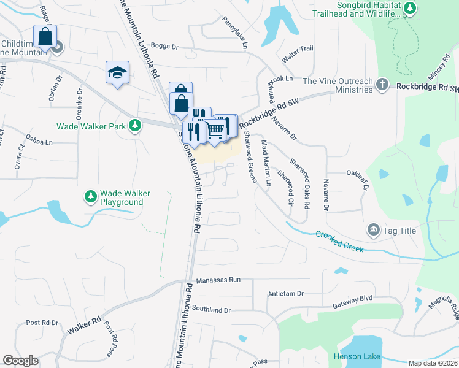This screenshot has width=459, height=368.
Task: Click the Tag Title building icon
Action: point(373,230)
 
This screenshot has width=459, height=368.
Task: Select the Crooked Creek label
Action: point(340,241)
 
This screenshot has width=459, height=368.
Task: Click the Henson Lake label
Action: point(357,356)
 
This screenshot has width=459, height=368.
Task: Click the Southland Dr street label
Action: point(211,310)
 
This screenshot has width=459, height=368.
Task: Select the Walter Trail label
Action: point(298,48)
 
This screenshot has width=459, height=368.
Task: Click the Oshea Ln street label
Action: point(40,141)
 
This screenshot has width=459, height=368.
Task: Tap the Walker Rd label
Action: point(83,325)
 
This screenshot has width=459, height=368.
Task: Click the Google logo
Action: point(20,361)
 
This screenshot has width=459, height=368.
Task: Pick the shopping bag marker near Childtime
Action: point(45,37)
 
